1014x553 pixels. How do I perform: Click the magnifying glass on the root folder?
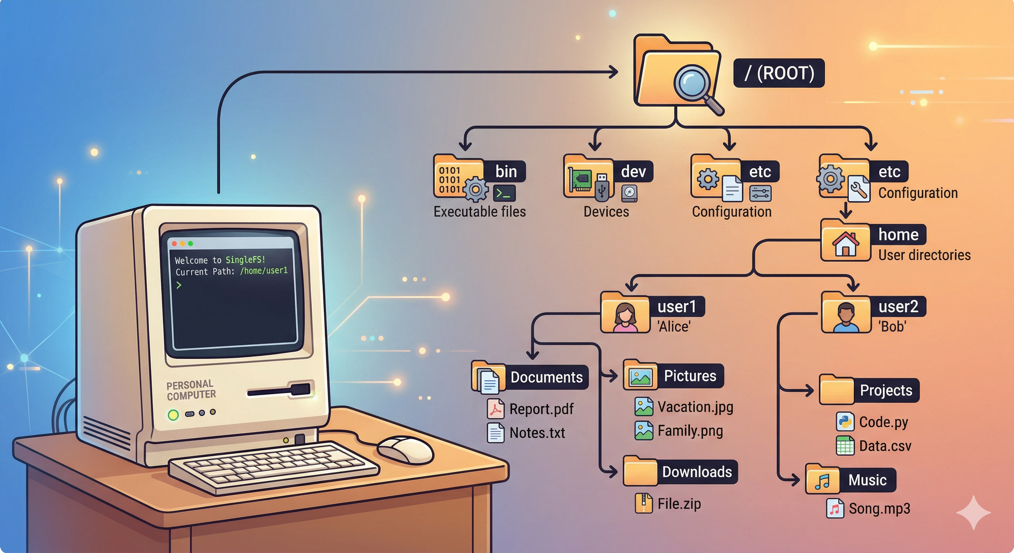[x=694, y=84]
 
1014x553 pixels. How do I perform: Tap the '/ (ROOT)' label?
[x=779, y=73]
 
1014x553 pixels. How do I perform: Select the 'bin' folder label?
[x=506, y=172]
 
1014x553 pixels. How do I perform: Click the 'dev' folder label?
[x=633, y=172]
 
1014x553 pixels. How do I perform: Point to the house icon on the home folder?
[x=845, y=244]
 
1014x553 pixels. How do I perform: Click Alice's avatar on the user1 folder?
[x=625, y=317]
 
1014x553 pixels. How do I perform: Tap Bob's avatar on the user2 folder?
[x=846, y=317]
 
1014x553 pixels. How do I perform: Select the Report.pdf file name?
[x=541, y=409]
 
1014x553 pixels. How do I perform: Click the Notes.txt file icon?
[x=495, y=432]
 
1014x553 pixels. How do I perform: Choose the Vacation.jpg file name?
[x=695, y=407]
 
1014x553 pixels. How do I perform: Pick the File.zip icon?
[x=643, y=503]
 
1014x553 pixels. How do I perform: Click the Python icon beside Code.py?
[x=845, y=422]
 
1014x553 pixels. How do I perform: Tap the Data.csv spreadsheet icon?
[x=845, y=446]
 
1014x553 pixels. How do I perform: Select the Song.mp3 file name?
[x=879, y=508]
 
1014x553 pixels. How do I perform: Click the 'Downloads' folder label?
[x=697, y=472]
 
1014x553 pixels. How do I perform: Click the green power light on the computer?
[x=173, y=414]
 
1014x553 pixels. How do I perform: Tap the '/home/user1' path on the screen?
[x=264, y=270]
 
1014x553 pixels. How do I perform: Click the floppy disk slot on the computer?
[x=279, y=391]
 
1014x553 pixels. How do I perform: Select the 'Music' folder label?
[x=867, y=480]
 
